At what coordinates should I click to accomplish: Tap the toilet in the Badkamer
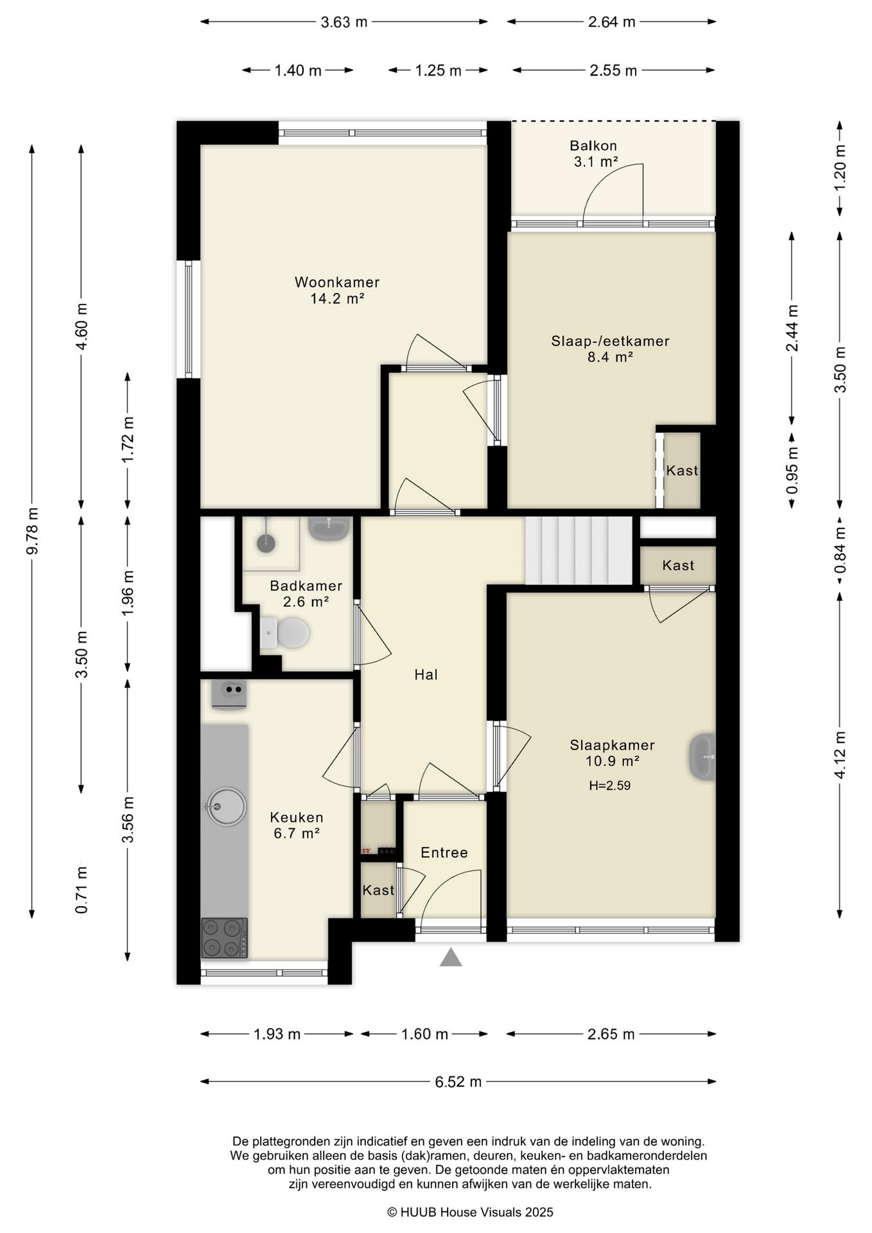[285, 633]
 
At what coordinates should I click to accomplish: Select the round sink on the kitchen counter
[225, 806]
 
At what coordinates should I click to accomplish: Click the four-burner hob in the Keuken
[224, 938]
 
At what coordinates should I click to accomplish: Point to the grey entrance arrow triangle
[451, 958]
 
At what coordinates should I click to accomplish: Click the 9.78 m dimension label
[32, 530]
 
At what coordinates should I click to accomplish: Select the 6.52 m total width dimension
[458, 1081]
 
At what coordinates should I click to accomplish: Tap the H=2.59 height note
[609, 785]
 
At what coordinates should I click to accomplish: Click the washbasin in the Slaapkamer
[702, 756]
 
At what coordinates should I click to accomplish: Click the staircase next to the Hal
[579, 550]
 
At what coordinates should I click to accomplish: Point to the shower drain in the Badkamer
[266, 543]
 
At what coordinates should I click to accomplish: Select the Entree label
[444, 852]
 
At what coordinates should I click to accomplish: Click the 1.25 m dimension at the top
[439, 71]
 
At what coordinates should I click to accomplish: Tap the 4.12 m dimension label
[840, 755]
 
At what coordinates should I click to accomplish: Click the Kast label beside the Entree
[378, 890]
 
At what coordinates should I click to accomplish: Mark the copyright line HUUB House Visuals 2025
[470, 1212]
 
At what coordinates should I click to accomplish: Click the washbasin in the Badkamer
[330, 528]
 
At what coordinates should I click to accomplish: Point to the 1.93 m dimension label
[277, 1034]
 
